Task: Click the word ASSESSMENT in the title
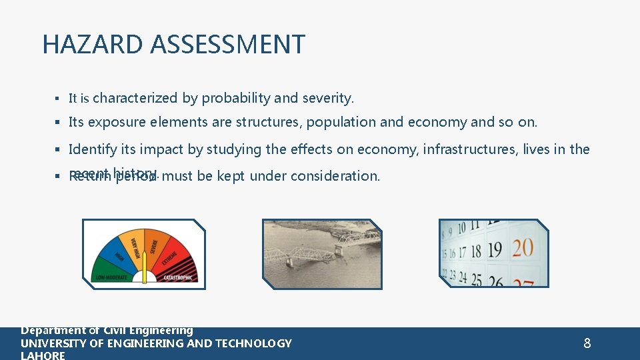(x=227, y=45)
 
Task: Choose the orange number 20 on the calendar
(x=522, y=249)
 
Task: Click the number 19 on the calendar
(x=494, y=250)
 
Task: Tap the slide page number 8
(x=587, y=343)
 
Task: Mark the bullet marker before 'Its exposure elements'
(x=59, y=123)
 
